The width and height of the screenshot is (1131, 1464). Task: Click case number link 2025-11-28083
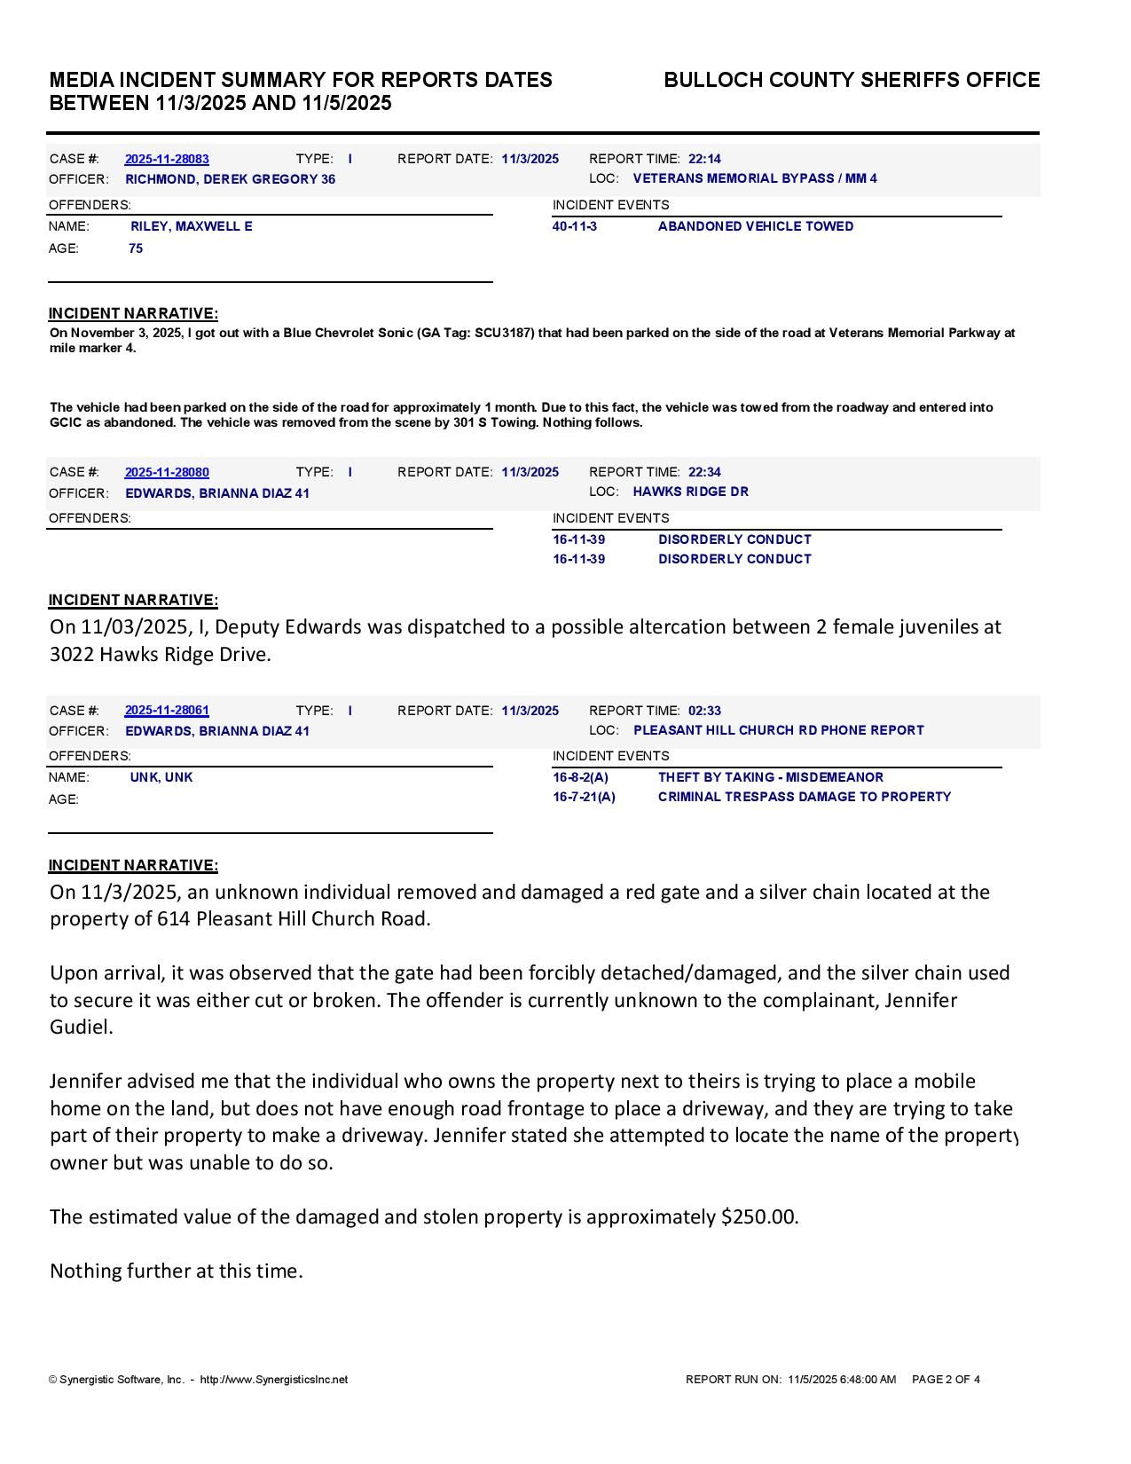coord(167,159)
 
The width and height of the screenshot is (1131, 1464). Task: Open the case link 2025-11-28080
coord(167,472)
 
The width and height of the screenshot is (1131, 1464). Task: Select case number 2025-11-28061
coord(167,711)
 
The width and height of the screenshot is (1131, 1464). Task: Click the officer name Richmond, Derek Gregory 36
coord(230,179)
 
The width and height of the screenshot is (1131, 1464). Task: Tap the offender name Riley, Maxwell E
coord(191,226)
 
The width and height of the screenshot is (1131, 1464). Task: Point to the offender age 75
coord(136,248)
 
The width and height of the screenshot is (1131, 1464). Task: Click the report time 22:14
coord(704,159)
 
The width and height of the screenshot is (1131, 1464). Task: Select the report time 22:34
coord(704,472)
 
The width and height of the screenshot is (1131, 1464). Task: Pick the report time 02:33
coord(704,711)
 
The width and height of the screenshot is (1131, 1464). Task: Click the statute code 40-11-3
coord(575,226)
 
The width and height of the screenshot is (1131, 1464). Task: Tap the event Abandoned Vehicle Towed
coord(756,226)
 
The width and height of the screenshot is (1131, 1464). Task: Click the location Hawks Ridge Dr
coord(690,492)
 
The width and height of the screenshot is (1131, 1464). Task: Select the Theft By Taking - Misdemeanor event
coord(770,777)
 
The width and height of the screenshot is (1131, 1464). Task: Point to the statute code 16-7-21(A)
coord(584,797)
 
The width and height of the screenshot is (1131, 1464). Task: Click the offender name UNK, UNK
coord(161,777)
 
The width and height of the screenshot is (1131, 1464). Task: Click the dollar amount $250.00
coord(759,1216)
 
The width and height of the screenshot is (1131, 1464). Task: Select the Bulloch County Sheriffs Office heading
coord(852,80)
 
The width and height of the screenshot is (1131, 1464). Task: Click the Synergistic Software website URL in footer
coord(274,1380)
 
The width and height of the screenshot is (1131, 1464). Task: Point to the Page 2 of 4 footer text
coord(946,1380)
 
